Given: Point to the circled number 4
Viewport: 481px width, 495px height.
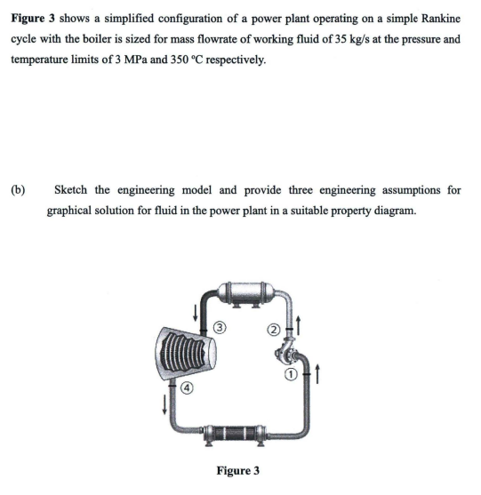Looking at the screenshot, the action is pyautogui.click(x=190, y=387).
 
